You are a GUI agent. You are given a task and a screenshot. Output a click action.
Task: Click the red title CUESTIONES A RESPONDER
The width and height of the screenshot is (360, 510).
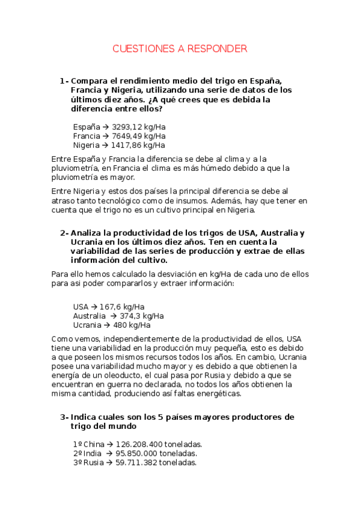point(180,49)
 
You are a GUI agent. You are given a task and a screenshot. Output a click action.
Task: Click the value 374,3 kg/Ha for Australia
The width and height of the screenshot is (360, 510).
point(142,316)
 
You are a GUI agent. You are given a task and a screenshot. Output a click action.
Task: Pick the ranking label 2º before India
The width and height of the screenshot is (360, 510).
point(78,453)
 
